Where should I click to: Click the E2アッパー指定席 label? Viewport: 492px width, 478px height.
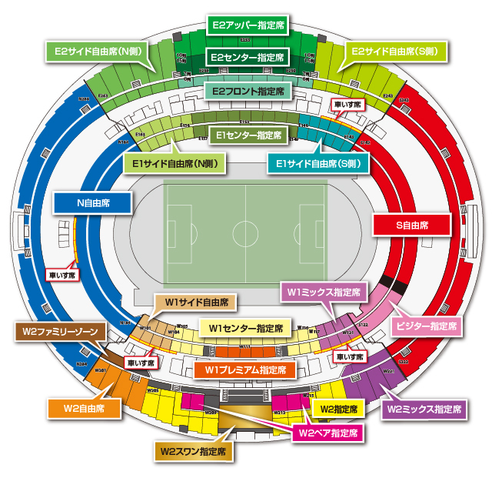(x=246, y=25)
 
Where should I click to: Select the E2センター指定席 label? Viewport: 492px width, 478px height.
(x=246, y=58)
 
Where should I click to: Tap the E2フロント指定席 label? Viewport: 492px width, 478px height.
(x=246, y=92)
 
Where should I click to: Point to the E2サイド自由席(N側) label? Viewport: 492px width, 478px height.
(x=95, y=51)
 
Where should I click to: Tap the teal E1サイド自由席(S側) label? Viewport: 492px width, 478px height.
(x=318, y=163)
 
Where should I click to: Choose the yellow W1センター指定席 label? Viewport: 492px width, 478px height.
(x=245, y=328)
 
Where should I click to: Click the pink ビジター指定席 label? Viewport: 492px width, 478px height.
(x=427, y=326)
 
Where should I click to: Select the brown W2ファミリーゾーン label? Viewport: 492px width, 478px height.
(x=60, y=332)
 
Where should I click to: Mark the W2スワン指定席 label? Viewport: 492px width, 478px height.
(x=193, y=451)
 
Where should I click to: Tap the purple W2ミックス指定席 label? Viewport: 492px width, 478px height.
(x=424, y=409)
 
